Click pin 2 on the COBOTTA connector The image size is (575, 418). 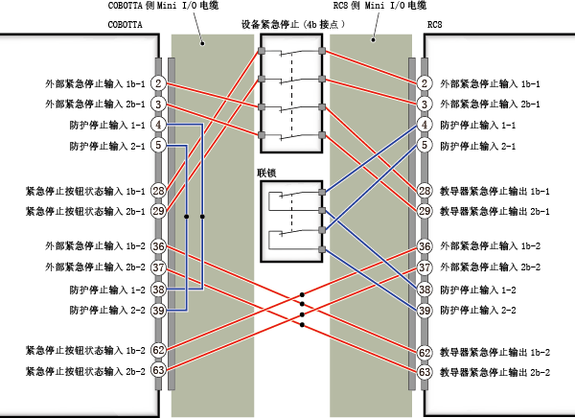point(158,83)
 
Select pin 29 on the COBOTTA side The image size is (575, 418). point(158,211)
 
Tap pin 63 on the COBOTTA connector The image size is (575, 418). point(158,370)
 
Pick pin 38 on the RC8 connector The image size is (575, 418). point(425,290)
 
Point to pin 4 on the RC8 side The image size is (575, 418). point(425,125)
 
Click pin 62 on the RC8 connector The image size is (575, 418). point(425,353)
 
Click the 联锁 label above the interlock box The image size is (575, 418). point(266,173)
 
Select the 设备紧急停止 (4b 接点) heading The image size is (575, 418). point(293,25)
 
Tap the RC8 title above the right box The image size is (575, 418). point(435,25)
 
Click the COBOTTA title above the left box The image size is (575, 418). point(125,25)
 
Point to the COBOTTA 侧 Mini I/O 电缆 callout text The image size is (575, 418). point(163,6)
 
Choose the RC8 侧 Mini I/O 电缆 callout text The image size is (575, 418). point(379,6)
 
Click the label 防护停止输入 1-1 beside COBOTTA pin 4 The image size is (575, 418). point(107,126)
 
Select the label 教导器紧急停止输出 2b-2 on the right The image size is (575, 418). point(495,373)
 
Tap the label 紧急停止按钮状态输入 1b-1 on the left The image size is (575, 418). point(85,191)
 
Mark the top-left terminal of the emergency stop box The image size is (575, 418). point(262,51)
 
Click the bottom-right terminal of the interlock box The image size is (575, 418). point(322,250)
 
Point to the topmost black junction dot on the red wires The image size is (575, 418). point(302,294)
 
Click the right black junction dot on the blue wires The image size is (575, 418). point(202,217)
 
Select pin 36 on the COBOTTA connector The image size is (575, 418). point(158,246)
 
